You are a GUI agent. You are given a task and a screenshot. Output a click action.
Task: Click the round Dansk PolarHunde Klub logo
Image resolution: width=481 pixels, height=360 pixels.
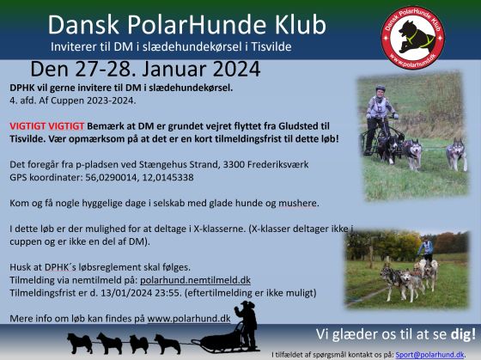point(412,37)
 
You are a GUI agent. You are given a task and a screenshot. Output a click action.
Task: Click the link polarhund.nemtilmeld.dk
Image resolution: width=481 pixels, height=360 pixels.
point(196,280)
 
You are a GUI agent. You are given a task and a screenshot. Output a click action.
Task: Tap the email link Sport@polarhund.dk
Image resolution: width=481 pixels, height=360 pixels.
point(429,355)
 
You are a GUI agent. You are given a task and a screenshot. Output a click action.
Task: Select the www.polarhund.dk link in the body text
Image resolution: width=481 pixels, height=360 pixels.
point(189,318)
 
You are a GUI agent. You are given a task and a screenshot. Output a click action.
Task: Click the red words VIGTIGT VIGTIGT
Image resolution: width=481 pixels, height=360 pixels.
point(47,126)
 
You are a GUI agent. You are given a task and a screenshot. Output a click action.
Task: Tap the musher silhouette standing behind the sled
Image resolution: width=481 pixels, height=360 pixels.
point(247,325)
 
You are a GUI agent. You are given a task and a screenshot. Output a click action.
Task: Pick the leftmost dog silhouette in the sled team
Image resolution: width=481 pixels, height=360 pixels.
point(80,344)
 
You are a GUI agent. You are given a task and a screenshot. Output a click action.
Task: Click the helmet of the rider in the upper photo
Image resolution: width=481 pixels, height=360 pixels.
point(381,88)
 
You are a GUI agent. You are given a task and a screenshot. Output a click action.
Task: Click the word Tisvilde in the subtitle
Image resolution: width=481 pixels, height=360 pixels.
point(271,46)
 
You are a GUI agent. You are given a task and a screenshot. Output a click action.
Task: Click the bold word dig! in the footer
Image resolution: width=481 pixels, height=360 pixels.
point(463,334)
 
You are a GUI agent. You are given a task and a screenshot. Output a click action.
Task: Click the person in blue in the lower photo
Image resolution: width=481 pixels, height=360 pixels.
point(426,250)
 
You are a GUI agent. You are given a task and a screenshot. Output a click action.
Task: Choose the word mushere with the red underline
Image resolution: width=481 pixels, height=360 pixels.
point(297,203)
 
